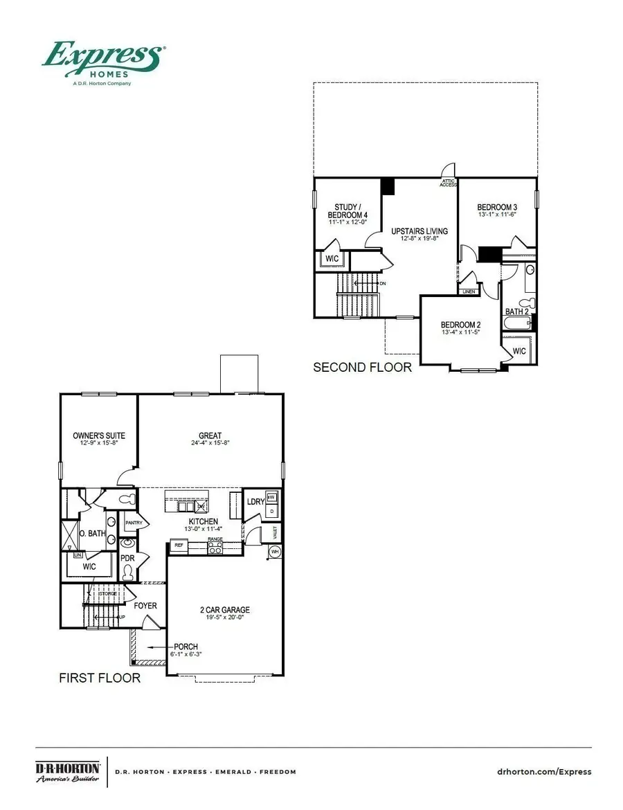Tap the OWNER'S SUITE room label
[99, 435]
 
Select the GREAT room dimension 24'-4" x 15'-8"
[210, 444]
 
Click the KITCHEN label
[204, 521]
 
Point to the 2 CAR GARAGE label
[224, 610]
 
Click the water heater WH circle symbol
[274, 551]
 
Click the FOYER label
[145, 606]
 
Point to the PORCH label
[186, 647]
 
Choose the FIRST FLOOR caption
[100, 678]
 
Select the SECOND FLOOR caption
[362, 367]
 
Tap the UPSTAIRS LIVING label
[419, 231]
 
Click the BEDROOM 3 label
[497, 207]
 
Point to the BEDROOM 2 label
[460, 325]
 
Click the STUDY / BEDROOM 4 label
[347, 211]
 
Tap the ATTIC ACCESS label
[449, 183]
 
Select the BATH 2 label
[516, 312]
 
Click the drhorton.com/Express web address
[545, 772]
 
